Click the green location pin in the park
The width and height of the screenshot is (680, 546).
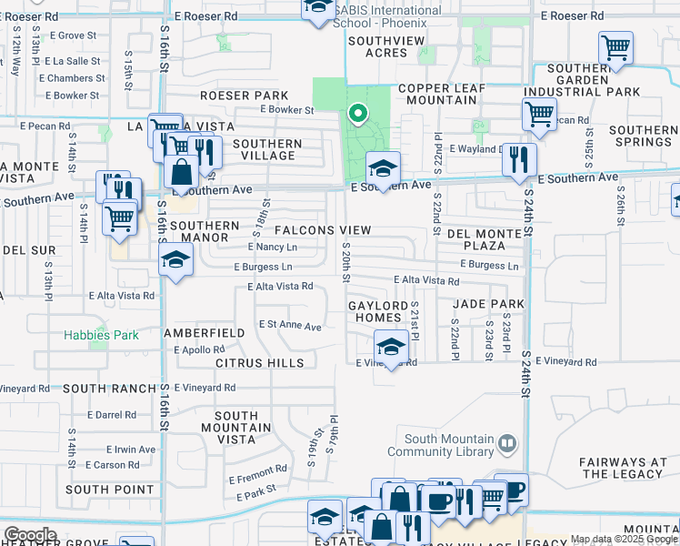(x=357, y=115)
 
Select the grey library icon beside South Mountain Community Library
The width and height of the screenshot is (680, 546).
(x=507, y=444)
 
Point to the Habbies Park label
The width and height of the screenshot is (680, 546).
(x=101, y=335)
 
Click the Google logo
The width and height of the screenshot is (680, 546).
(x=31, y=535)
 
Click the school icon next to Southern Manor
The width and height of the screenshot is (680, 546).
(x=175, y=261)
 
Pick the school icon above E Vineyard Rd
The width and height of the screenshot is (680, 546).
(x=391, y=347)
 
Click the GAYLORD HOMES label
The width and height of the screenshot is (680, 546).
(x=375, y=311)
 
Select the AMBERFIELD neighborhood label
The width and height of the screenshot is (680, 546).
(x=204, y=333)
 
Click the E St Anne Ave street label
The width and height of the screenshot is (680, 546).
(x=290, y=326)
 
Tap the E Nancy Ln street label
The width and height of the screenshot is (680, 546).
(x=273, y=247)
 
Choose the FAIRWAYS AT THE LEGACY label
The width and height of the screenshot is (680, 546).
(x=623, y=468)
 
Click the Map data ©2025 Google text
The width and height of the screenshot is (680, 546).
(x=624, y=539)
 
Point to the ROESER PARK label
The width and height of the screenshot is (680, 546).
(x=244, y=96)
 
